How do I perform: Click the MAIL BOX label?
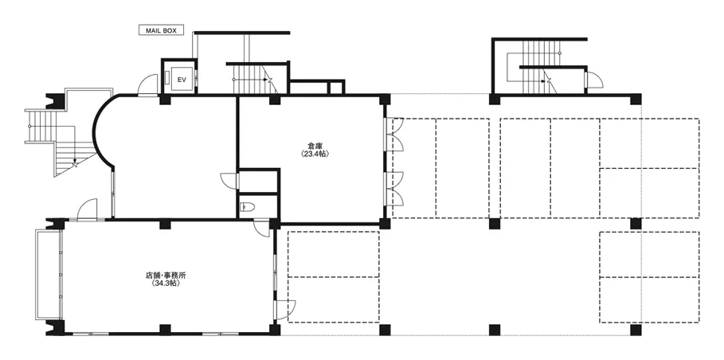[x=161, y=30]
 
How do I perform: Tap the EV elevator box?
[x=179, y=76]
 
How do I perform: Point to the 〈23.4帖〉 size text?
[x=315, y=155]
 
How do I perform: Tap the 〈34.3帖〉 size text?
[x=166, y=284]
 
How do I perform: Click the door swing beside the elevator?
[x=148, y=85]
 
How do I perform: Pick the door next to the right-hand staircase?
[x=594, y=80]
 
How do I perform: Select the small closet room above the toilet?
[x=259, y=182]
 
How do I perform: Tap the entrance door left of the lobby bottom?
[x=87, y=209]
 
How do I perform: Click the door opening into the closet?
[x=229, y=181]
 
